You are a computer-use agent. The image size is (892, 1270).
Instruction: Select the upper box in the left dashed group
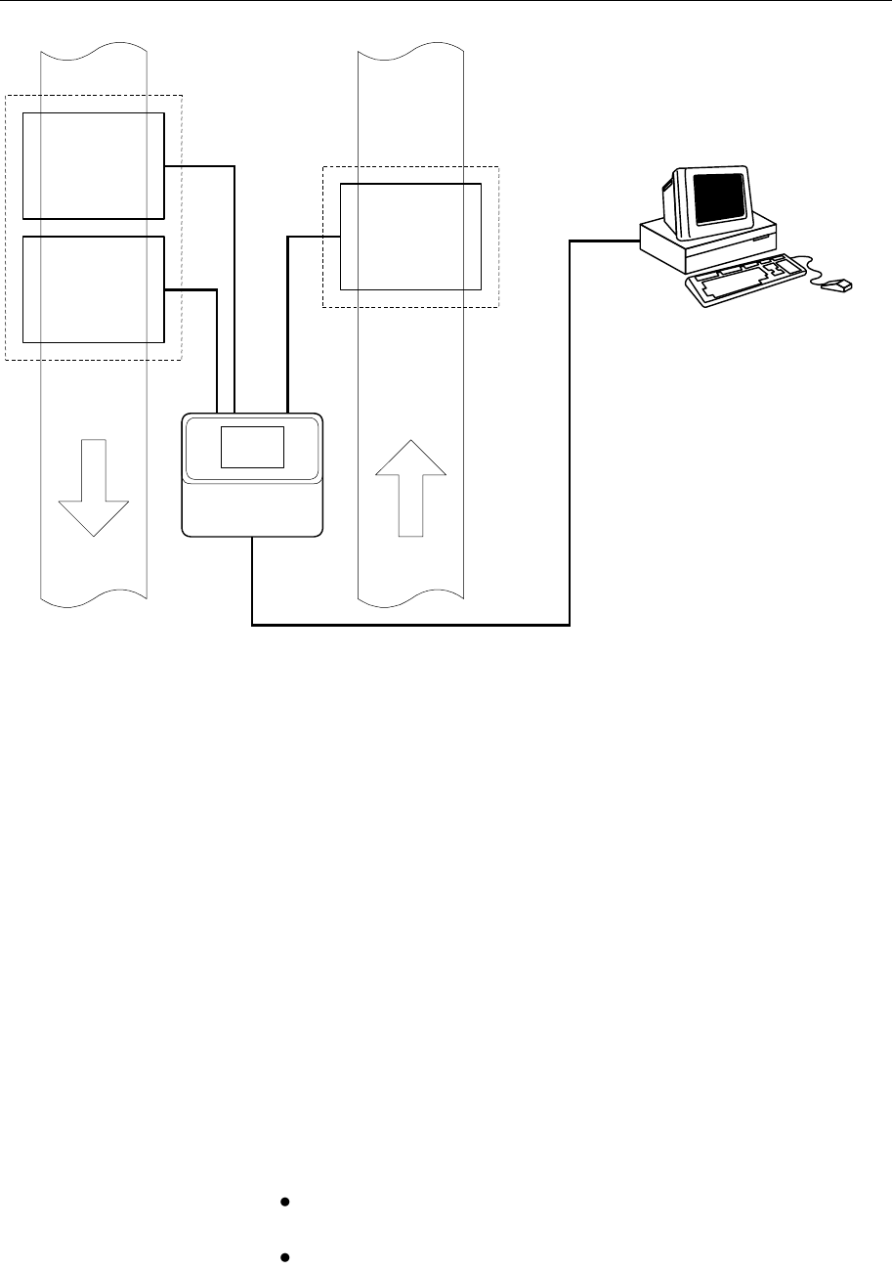pyautogui.click(x=94, y=165)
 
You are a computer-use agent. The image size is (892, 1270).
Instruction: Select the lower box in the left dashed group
pyautogui.click(x=94, y=289)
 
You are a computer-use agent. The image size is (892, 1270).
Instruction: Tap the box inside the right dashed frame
pyautogui.click(x=410, y=237)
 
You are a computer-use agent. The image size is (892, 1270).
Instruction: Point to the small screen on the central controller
pyautogui.click(x=252, y=447)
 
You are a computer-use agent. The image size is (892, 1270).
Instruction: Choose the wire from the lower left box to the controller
pyautogui.click(x=216, y=342)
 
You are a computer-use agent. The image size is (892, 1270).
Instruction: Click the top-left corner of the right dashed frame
pyautogui.click(x=323, y=167)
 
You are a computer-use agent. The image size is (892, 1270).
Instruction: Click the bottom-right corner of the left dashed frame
pyautogui.click(x=182, y=360)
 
